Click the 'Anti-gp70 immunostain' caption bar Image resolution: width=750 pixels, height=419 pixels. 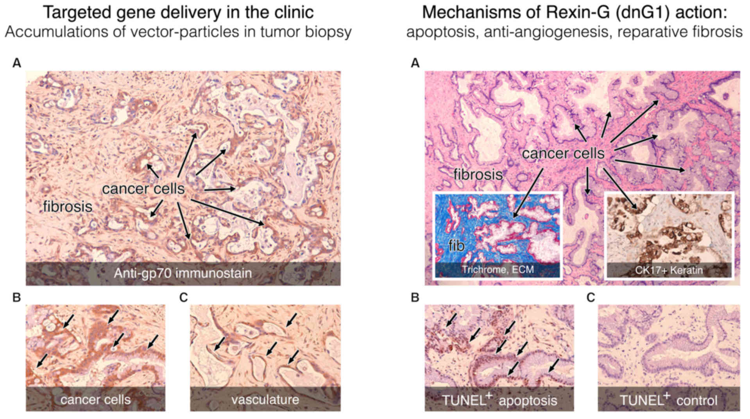(183, 273)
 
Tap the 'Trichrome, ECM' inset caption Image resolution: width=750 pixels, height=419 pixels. (498, 270)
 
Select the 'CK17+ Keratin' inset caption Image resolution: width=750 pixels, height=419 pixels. (669, 270)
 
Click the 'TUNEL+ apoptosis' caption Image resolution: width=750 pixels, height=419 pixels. (499, 400)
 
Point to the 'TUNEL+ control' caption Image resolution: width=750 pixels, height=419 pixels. (668, 400)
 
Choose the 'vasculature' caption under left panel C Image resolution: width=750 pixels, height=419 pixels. (265, 399)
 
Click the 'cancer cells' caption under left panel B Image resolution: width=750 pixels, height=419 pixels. (95, 399)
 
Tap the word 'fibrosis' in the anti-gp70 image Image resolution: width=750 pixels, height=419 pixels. (68, 206)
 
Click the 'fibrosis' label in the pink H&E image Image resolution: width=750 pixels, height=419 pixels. (478, 174)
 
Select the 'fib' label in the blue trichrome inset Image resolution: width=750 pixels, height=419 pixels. (456, 246)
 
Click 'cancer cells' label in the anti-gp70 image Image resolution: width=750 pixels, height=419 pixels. (143, 189)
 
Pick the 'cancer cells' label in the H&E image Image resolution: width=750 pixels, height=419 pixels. (563, 153)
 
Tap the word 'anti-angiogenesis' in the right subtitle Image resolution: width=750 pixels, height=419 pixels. (547, 32)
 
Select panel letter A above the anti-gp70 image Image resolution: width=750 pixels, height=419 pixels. (16, 63)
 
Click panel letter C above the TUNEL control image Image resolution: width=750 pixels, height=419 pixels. (591, 298)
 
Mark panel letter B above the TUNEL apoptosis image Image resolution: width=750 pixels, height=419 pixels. (415, 298)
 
